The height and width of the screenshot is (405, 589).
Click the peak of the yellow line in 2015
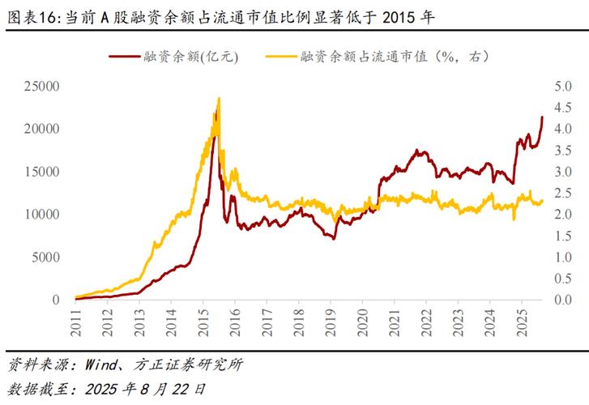219,99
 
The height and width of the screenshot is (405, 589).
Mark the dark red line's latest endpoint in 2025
542,117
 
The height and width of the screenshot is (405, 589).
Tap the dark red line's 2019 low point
333,237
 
